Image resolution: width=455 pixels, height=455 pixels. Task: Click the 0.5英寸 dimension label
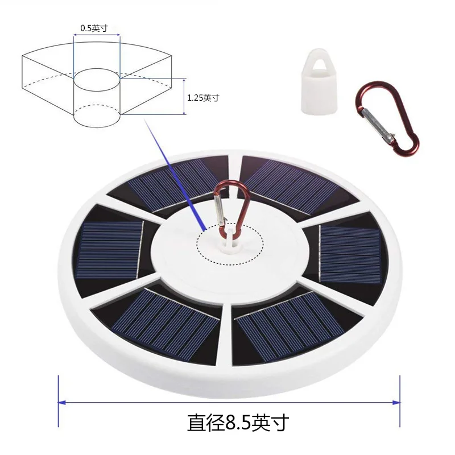coord(94,28)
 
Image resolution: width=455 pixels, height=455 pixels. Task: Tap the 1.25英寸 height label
coord(203,98)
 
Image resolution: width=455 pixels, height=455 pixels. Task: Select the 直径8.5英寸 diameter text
coord(238,423)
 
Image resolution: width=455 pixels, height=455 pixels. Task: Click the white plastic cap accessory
coord(319,82)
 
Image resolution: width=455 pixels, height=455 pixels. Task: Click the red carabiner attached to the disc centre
coord(231,208)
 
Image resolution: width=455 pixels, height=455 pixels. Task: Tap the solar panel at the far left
coord(110,250)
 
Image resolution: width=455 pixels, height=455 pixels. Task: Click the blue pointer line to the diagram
coord(175,174)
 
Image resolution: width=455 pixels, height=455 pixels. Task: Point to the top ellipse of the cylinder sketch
coord(97,79)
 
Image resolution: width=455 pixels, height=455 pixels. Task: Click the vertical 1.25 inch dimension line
coord(184,96)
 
